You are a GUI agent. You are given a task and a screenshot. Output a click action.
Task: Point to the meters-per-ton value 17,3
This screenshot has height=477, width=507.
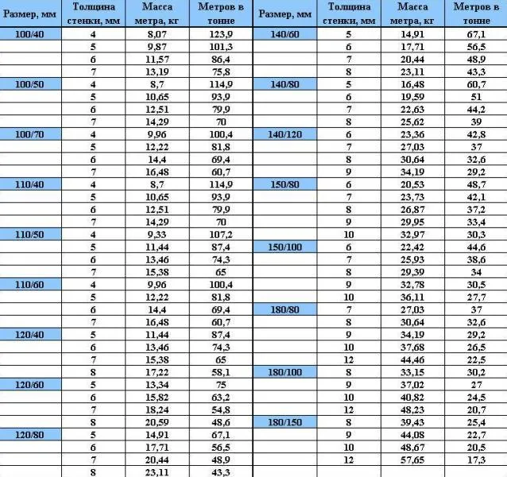tap(477, 460)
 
